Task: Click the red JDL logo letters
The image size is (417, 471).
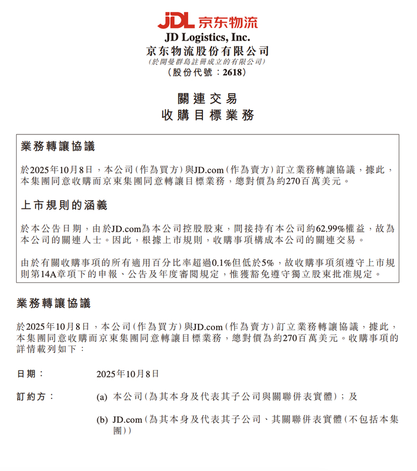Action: pyautogui.click(x=176, y=21)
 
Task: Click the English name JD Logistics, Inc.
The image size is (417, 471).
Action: pyautogui.click(x=208, y=38)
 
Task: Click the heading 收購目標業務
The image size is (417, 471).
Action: pyautogui.click(x=208, y=115)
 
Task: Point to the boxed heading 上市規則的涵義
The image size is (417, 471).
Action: pyautogui.click(x=64, y=206)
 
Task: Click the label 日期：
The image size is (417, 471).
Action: pyautogui.click(x=30, y=374)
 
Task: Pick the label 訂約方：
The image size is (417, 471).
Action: pyautogui.click(x=35, y=396)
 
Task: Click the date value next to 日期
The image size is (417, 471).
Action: pyautogui.click(x=127, y=374)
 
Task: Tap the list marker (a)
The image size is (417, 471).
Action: pyautogui.click(x=102, y=397)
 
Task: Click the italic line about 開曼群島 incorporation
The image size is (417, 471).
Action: pyautogui.click(x=208, y=62)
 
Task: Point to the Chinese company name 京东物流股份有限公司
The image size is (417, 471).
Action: pyautogui.click(x=208, y=51)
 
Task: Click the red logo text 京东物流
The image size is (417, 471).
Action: pyautogui.click(x=228, y=21)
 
